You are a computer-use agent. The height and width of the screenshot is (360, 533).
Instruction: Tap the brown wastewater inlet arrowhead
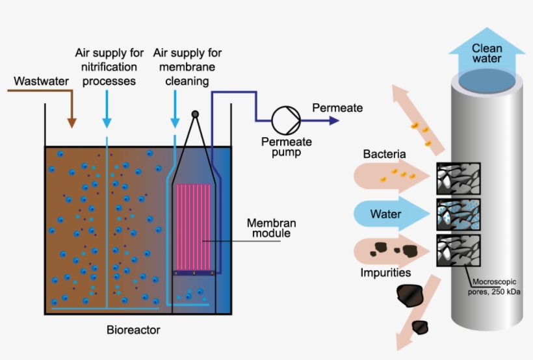point(71,122)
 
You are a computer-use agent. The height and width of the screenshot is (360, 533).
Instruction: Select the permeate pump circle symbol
point(284,120)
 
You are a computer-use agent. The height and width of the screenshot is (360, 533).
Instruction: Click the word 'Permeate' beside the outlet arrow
point(337,108)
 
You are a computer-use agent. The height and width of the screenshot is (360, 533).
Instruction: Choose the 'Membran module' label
point(268,228)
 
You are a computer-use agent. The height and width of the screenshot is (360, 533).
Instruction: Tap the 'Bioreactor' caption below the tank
point(133,330)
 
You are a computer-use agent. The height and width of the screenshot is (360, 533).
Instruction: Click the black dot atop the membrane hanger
point(194,114)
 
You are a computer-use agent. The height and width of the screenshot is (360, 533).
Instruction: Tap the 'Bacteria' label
point(385,155)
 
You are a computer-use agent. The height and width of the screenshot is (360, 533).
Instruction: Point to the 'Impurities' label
point(385,273)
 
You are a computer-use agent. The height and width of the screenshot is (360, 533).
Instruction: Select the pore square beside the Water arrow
point(459,213)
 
